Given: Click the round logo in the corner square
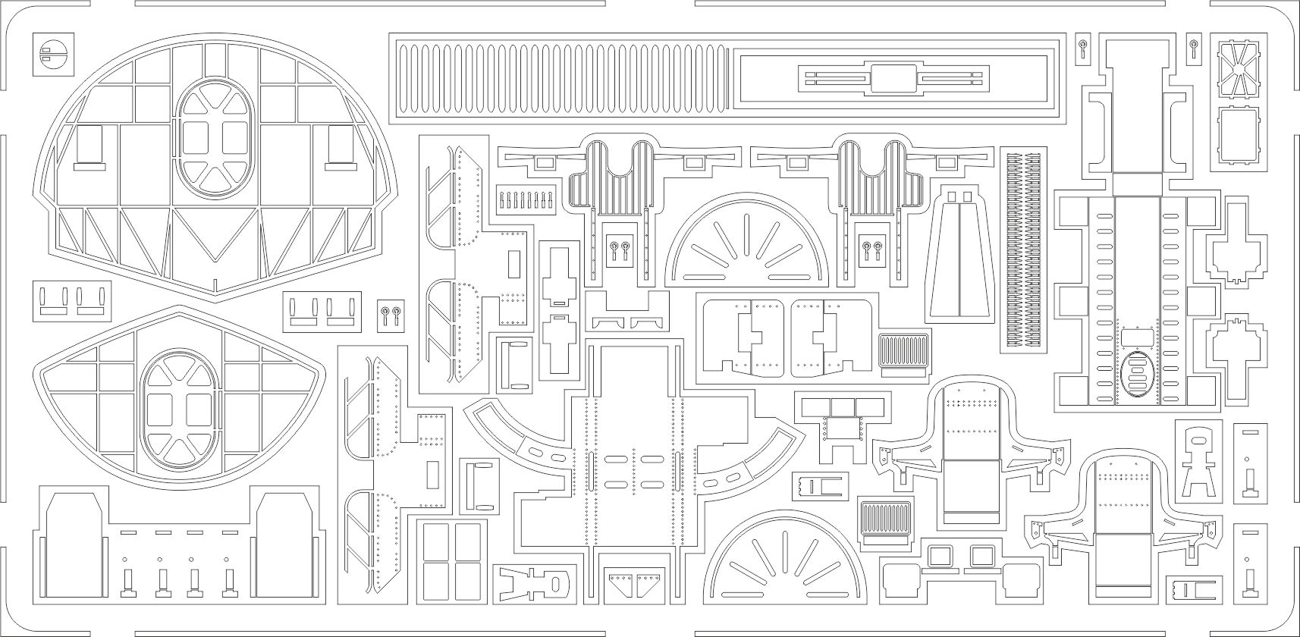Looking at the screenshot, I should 55,54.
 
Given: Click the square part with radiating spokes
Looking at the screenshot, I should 1238,67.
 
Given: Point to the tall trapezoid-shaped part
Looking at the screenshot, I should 959,255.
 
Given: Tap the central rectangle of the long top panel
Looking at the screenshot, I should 893,78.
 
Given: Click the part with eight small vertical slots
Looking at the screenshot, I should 523,202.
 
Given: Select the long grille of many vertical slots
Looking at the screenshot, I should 562,78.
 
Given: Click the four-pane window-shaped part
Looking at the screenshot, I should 447,561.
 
